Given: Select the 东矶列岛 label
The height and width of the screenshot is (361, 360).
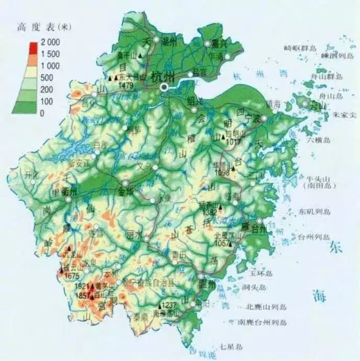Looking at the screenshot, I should click(x=316, y=212).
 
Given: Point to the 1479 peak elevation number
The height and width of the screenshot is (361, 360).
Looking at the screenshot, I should click(x=126, y=85).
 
